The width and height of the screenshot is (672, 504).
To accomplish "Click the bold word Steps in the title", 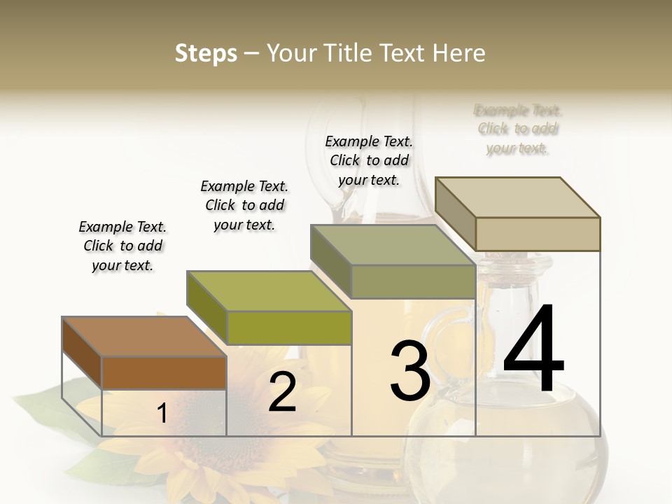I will point(205,53).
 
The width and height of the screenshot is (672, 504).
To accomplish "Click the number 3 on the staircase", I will point(409,370).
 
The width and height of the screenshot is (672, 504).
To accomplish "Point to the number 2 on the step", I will point(282,392).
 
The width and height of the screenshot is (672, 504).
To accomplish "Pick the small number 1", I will point(162,414).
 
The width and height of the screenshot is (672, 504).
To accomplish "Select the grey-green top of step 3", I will point(393,245).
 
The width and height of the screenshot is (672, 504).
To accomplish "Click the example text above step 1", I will point(122,246).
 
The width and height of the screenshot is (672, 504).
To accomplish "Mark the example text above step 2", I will point(244,205).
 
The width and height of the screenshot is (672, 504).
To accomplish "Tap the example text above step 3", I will point(369,160).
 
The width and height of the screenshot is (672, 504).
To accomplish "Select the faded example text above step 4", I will point(518,129).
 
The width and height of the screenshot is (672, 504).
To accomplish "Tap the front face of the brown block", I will point(164,372).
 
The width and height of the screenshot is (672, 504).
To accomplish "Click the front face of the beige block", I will point(538,234).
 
